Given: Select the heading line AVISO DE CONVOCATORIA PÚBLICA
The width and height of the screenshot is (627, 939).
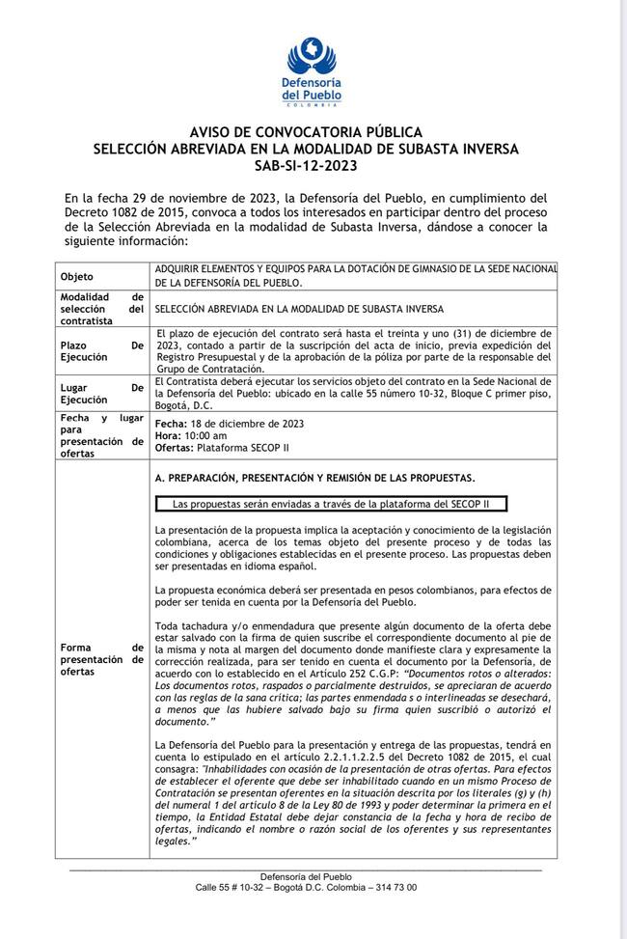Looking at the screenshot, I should point(306,131).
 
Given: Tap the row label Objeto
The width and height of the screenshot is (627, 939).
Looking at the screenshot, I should point(77,276).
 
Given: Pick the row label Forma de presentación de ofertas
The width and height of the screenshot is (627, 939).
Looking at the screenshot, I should point(101,659).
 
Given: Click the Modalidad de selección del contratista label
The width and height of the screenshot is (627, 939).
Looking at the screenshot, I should point(101,309).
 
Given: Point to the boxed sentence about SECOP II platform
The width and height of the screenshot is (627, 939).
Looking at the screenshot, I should point(331,504).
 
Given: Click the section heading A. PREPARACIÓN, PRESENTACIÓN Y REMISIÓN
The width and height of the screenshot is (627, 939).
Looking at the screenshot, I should point(314,479).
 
